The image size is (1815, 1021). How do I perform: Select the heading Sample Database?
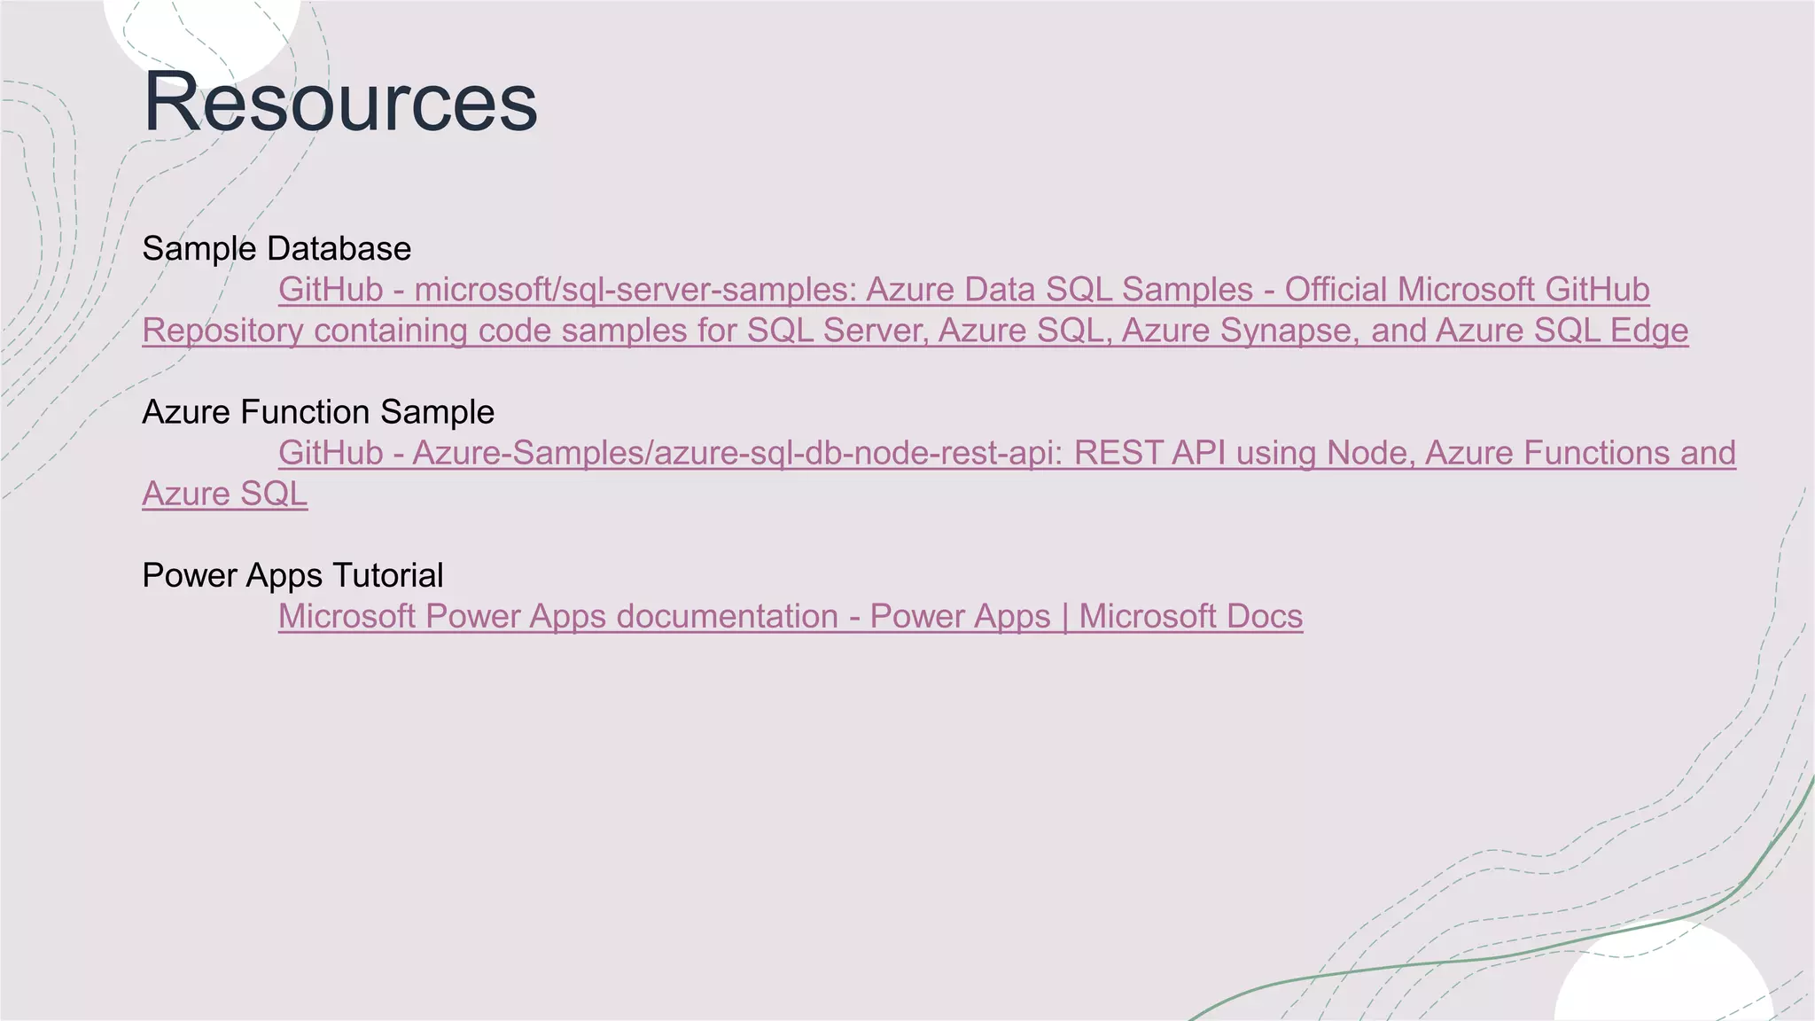[x=276, y=249]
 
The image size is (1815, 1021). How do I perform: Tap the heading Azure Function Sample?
[x=317, y=412]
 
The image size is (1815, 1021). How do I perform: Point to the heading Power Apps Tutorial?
[x=292, y=575]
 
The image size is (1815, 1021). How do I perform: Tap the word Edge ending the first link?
[x=1649, y=331]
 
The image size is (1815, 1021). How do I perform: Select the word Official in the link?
[x=1336, y=290]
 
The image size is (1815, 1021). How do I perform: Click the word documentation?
[x=727, y=616]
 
